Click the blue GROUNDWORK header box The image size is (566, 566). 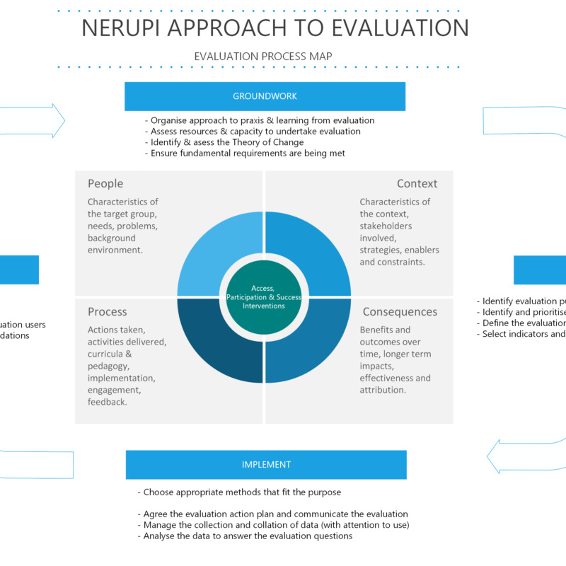[x=265, y=96]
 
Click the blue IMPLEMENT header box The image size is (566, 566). [x=266, y=465]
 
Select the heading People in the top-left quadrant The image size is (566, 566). [x=105, y=184]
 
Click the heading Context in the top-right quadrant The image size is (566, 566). [x=417, y=184]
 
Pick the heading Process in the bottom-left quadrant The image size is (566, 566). [x=108, y=312]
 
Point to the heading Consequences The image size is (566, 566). [x=400, y=312]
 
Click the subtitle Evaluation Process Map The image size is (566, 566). [x=263, y=56]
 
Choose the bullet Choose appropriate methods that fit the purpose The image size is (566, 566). [x=242, y=492]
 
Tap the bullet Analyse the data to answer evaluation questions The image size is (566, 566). [x=248, y=536]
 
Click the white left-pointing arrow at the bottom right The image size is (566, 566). [x=524, y=456]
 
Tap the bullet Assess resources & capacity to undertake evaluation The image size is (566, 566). [x=255, y=132]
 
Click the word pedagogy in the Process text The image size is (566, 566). [x=110, y=366]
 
